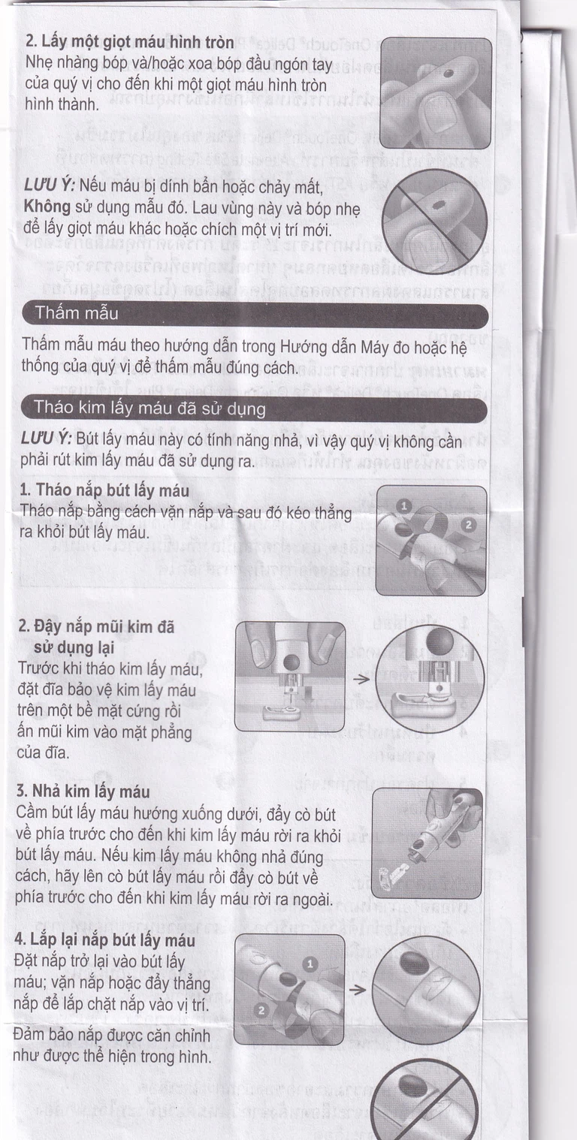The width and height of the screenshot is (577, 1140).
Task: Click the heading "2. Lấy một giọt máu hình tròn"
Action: [129, 43]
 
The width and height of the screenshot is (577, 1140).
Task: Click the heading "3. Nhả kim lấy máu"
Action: [83, 792]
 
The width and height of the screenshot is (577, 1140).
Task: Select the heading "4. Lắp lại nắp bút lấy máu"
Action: [104, 940]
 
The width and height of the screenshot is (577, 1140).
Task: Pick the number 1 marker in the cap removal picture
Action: [403, 507]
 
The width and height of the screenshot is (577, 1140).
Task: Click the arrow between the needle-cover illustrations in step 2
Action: [361, 679]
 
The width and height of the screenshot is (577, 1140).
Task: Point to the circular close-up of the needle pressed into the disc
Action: [430, 678]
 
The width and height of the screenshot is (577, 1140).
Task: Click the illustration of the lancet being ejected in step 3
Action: [426, 843]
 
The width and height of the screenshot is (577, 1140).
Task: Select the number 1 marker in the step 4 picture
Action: [312, 964]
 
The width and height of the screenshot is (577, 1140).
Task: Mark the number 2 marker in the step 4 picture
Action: [261, 1010]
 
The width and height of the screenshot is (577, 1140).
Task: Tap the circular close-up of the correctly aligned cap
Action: [425, 990]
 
